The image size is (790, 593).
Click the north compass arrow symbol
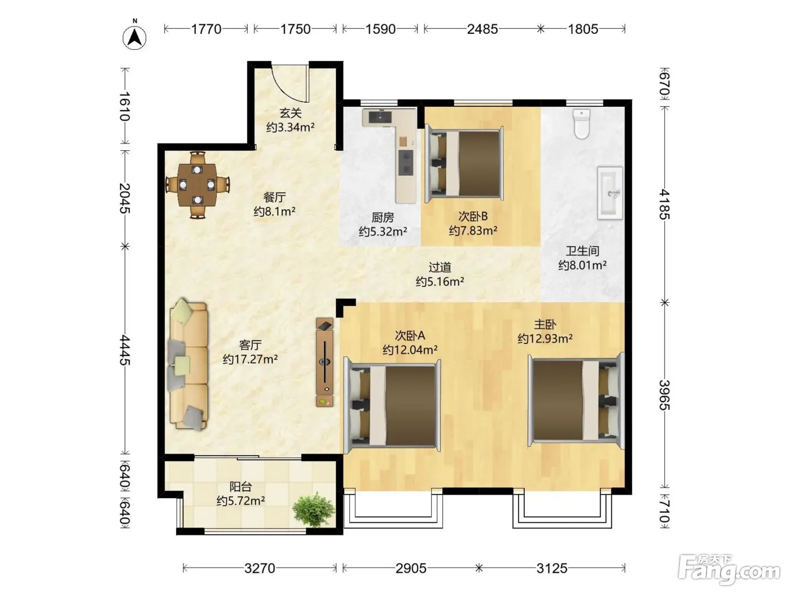coord(134,37)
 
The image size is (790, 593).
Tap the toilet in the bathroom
coord(582,124)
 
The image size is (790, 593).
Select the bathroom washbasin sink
coord(610,193)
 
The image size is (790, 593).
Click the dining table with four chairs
coord(197,185)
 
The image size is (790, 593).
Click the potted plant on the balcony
coord(314,509)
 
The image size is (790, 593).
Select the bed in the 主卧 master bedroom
coord(576,400)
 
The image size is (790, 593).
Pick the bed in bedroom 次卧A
coord(392,405)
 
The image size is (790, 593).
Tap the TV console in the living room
coord(324,362)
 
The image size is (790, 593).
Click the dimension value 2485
coord(482,29)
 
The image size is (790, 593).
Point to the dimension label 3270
coord(260,569)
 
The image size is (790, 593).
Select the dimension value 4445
coord(125,350)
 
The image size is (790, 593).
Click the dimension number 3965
coord(664,395)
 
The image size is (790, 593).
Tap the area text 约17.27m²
coord(250,359)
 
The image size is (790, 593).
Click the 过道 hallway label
coord(440,267)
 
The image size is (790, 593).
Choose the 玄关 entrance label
coord(291,113)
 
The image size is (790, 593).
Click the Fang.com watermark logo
coord(729,570)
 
